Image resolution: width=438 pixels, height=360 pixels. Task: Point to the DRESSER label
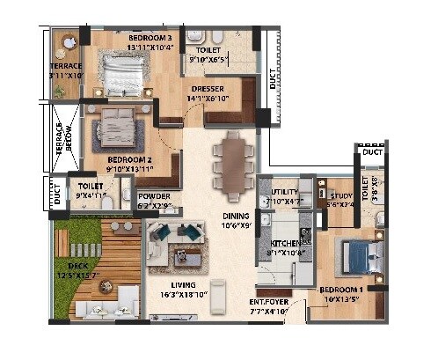pyautogui.click(x=208, y=89)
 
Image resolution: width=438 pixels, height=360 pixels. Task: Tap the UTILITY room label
pyautogui.click(x=286, y=190)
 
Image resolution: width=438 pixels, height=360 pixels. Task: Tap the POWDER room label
pyautogui.click(x=150, y=196)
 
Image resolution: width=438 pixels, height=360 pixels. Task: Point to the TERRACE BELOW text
pyautogui.click(x=61, y=141)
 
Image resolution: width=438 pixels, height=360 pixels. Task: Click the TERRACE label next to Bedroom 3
pyautogui.click(x=64, y=65)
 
